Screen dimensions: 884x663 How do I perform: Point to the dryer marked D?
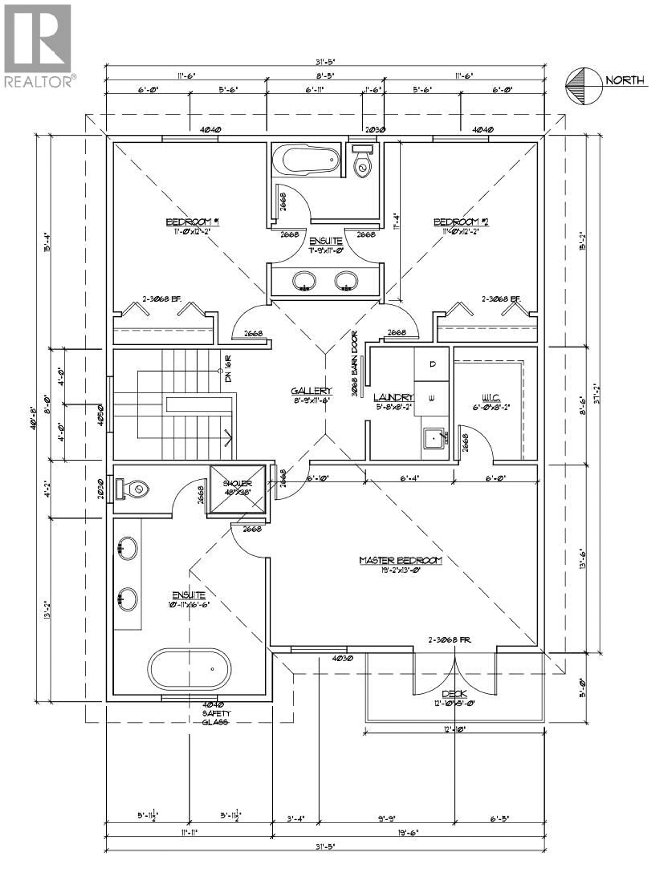pos(432,364)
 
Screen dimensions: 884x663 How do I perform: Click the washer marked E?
pos(432,398)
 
